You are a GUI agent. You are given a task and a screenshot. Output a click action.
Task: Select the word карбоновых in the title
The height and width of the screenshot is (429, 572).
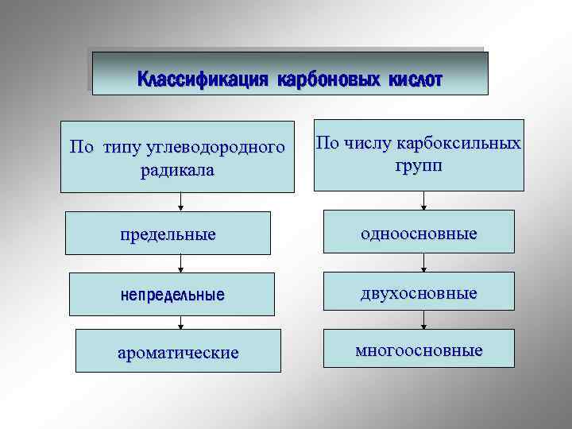(330, 79)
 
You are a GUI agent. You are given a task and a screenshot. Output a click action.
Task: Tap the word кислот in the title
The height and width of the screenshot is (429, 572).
(415, 79)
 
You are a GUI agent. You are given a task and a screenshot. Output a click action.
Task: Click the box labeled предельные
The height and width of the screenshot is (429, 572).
(168, 235)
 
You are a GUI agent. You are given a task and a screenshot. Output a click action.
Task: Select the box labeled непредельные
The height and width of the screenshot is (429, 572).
(172, 294)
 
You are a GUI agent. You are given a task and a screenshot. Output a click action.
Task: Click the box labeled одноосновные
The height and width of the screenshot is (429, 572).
(419, 234)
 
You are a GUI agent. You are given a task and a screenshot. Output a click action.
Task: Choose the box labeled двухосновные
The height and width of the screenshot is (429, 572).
(419, 293)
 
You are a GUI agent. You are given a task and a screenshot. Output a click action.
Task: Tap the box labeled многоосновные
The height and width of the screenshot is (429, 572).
(419, 350)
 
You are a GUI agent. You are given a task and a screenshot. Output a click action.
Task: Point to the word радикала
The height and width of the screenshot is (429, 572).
(177, 170)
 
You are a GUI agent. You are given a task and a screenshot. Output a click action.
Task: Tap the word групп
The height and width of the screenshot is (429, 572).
(418, 166)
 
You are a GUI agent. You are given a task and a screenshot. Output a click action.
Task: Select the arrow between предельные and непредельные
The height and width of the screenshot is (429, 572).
(181, 265)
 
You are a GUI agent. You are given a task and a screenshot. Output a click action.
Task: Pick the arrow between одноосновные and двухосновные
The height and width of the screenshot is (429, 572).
(423, 264)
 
